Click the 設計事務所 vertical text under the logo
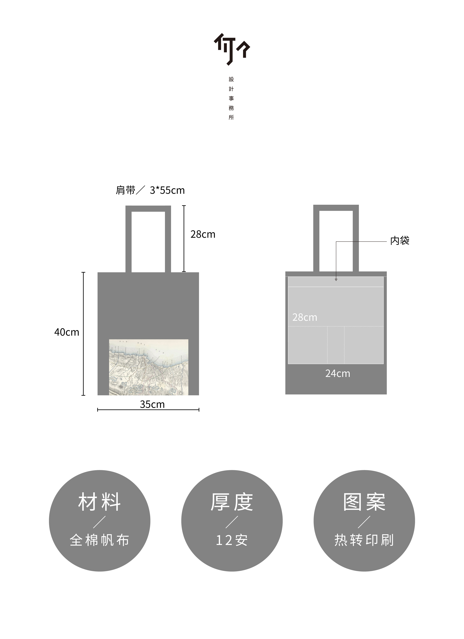coord(231,98)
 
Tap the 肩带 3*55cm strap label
coord(150,190)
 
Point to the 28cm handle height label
coord(203,234)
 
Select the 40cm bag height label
coord(67,332)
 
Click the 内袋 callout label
coord(400,241)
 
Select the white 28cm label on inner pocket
coord(305,317)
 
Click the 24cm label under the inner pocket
coord(338,374)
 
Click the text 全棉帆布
coord(99,540)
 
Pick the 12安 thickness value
coord(232,540)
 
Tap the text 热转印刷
coord(364,540)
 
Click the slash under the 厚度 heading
coord(232,522)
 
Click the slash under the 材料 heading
coord(99,522)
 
